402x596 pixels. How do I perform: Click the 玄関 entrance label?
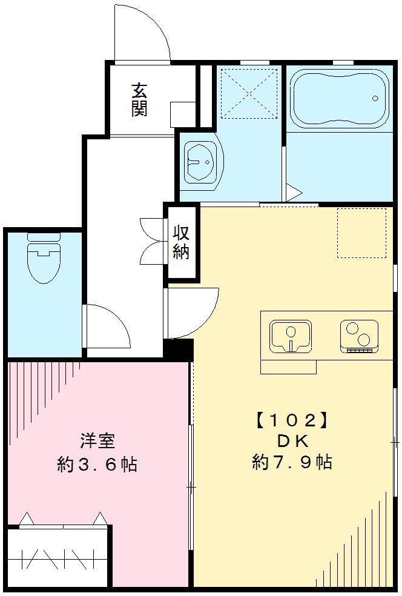click(x=140, y=99)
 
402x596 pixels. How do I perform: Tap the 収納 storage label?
click(x=182, y=242)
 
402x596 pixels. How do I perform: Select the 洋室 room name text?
click(x=97, y=441)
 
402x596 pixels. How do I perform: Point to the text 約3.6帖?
click(x=97, y=465)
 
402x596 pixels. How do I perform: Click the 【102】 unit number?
click(x=292, y=419)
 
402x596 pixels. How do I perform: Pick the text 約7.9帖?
click(x=292, y=462)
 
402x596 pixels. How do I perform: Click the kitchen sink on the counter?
click(x=291, y=336)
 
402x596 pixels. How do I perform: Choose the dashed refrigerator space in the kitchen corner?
click(x=361, y=233)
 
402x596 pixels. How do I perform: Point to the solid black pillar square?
click(x=178, y=349)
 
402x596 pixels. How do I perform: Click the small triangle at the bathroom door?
click(x=294, y=193)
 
